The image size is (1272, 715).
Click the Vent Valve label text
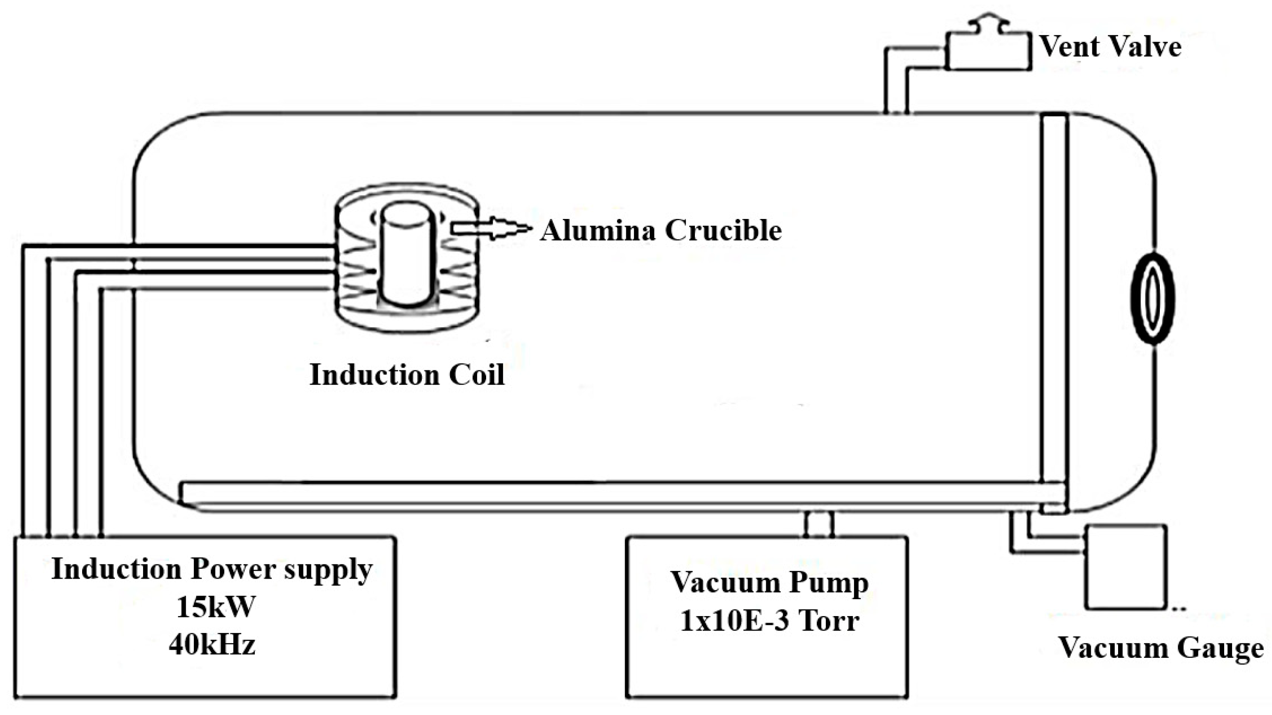(1110, 47)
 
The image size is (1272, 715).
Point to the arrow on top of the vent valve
(987, 22)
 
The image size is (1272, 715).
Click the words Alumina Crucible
(661, 230)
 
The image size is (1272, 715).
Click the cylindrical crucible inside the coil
(407, 256)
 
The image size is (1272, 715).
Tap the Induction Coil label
(407, 375)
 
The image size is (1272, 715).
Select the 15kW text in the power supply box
(216, 607)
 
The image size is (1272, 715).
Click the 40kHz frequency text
(213, 644)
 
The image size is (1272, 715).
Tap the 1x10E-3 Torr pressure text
(769, 621)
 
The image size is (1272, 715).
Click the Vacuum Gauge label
(1160, 648)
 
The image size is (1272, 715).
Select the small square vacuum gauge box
(1125, 567)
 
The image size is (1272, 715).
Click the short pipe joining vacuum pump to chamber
(818, 524)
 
